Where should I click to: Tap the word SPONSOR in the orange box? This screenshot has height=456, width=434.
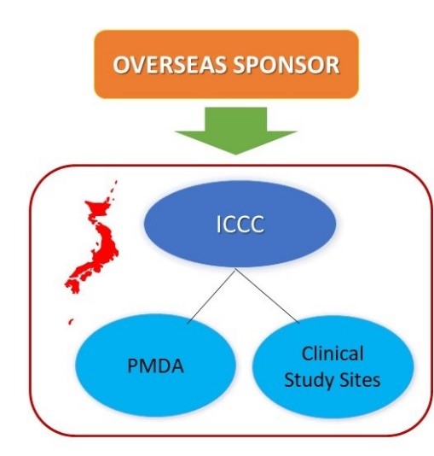[x=286, y=65]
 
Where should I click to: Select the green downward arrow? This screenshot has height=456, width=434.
[x=235, y=131]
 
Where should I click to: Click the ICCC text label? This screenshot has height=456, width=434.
[x=240, y=225]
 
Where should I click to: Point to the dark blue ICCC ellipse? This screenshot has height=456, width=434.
[x=240, y=224]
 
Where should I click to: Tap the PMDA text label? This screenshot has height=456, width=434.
[x=155, y=365]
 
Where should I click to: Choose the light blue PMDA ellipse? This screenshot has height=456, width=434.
[x=155, y=365]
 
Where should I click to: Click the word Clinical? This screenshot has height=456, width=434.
[x=333, y=354]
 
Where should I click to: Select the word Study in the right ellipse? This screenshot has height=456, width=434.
[x=308, y=380]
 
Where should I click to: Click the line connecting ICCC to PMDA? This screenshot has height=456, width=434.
[x=211, y=295]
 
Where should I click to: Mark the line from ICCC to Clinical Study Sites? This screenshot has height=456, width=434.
[x=267, y=295]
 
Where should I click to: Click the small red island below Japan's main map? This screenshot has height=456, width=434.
[x=71, y=321]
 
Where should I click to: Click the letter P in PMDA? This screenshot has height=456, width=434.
[x=133, y=365]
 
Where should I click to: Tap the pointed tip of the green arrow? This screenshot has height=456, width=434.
[x=235, y=154]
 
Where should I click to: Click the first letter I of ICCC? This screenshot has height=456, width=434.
[x=218, y=225]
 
